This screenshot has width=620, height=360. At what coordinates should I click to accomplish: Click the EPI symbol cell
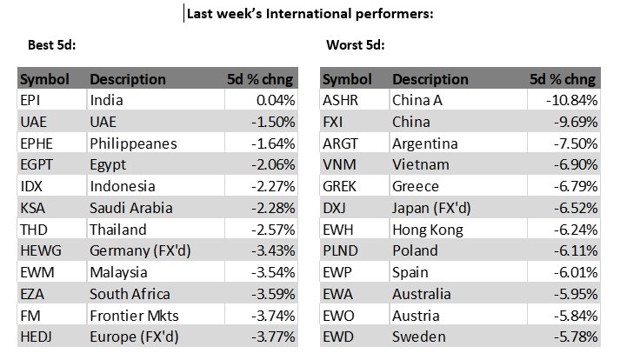pyautogui.click(x=30, y=100)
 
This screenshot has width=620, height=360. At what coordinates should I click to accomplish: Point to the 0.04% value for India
pyautogui.click(x=275, y=100)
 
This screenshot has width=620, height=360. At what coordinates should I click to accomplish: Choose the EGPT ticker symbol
pyautogui.click(x=37, y=164)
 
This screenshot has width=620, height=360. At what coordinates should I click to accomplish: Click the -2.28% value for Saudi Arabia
pyautogui.click(x=271, y=208)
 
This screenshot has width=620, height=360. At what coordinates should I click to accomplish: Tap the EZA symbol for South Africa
pyautogui.click(x=32, y=293)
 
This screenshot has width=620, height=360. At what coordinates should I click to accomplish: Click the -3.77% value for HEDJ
pyautogui.click(x=271, y=336)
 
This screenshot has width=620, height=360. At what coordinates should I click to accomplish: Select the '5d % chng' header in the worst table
pyautogui.click(x=563, y=79)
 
